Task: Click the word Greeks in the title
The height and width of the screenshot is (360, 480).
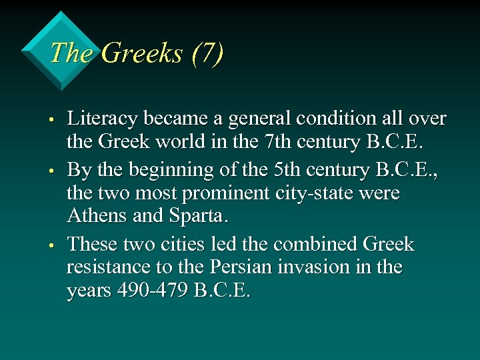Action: tap(143, 53)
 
